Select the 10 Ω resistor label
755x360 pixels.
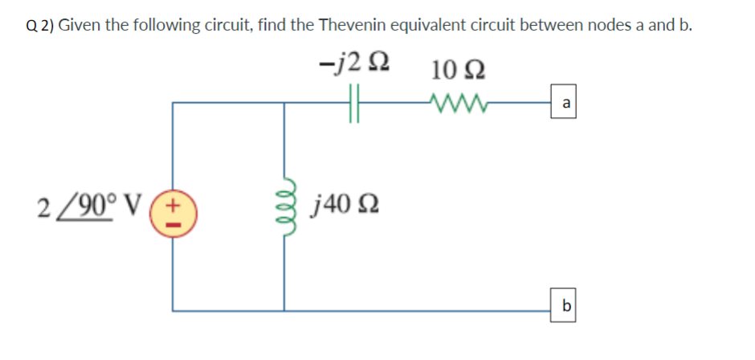point(455,70)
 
